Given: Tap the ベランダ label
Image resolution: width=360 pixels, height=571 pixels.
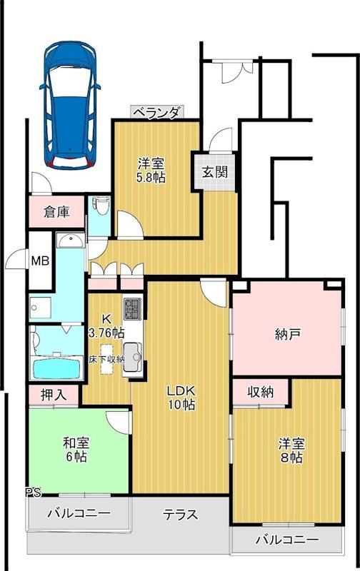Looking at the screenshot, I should [x=157, y=112].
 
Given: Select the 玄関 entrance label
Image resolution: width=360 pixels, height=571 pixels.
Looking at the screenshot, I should [x=214, y=172].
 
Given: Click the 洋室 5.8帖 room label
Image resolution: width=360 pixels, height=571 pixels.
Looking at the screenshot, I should [x=151, y=169].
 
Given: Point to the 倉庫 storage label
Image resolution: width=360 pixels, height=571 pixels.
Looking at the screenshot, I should [x=56, y=211].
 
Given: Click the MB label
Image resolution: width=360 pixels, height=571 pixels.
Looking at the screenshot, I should [x=40, y=261].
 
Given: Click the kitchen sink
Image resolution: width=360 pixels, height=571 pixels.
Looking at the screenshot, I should [x=133, y=353].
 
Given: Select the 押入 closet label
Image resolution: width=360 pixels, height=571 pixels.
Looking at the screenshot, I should [x=54, y=395].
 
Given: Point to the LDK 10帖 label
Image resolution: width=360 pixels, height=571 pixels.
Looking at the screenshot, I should [x=181, y=398].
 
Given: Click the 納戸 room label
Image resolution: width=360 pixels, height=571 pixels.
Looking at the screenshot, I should [x=286, y=334].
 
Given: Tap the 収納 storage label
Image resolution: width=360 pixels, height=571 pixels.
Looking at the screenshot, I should [x=260, y=392].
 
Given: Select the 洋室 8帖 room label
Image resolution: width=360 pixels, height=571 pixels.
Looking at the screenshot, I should [x=290, y=450].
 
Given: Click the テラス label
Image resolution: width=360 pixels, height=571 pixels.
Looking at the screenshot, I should [x=180, y=515].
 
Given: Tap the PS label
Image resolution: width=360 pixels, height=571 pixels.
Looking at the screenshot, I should [x=33, y=492].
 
